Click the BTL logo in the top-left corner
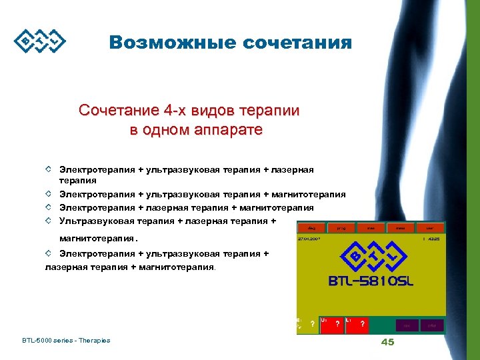40,41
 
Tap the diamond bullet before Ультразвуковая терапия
49,219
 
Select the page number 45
387,342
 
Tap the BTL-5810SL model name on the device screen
371,281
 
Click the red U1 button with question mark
331,323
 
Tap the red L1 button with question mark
357,323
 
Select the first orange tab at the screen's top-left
311,227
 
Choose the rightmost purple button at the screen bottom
432,325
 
